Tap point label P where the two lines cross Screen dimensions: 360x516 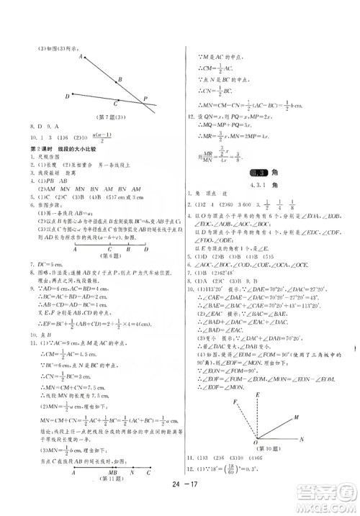(x=147, y=99)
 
